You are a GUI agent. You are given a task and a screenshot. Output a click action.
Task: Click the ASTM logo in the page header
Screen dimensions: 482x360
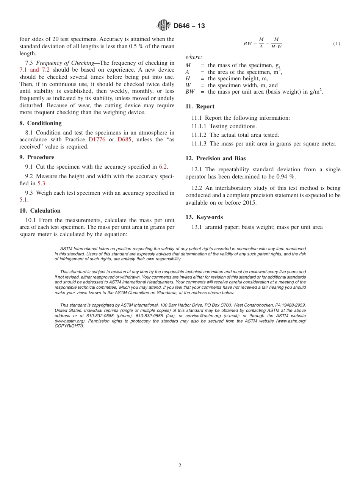pyautogui.click(x=164, y=25)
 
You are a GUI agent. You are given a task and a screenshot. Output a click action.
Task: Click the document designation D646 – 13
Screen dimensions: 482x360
pyautogui.click(x=189, y=26)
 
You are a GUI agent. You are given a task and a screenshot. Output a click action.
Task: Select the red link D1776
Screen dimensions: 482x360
pyautogui.click(x=97, y=139)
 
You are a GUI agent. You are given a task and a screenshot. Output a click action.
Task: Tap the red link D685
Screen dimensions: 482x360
pyautogui.click(x=125, y=139)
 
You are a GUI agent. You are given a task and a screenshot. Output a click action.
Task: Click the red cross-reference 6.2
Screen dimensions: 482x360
pyautogui.click(x=163, y=167)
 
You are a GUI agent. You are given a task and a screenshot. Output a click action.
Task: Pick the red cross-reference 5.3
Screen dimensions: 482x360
pyautogui.click(x=42, y=183)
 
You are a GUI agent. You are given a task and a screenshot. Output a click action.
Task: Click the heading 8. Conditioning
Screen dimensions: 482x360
pyautogui.click(x=40, y=123)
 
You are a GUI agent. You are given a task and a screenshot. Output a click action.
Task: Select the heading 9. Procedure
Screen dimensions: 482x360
pyautogui.click(x=36, y=157)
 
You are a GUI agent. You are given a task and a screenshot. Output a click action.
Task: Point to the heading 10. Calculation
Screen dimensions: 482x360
pyautogui.click(x=40, y=211)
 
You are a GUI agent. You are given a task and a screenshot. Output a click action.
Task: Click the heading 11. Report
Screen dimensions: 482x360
pyautogui.click(x=200, y=106)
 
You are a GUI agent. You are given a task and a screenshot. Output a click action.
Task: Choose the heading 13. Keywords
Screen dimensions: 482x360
pyautogui.click(x=204, y=217)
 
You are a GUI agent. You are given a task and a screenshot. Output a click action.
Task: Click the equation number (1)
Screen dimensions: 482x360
pyautogui.click(x=337, y=44)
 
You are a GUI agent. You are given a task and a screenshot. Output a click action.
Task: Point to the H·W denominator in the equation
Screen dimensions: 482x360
pyautogui.click(x=276, y=47)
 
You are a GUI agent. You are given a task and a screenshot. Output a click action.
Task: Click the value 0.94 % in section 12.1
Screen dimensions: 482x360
pyautogui.click(x=287, y=177)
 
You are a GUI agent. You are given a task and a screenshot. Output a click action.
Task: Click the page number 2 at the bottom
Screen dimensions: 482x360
pyautogui.click(x=180, y=466)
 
